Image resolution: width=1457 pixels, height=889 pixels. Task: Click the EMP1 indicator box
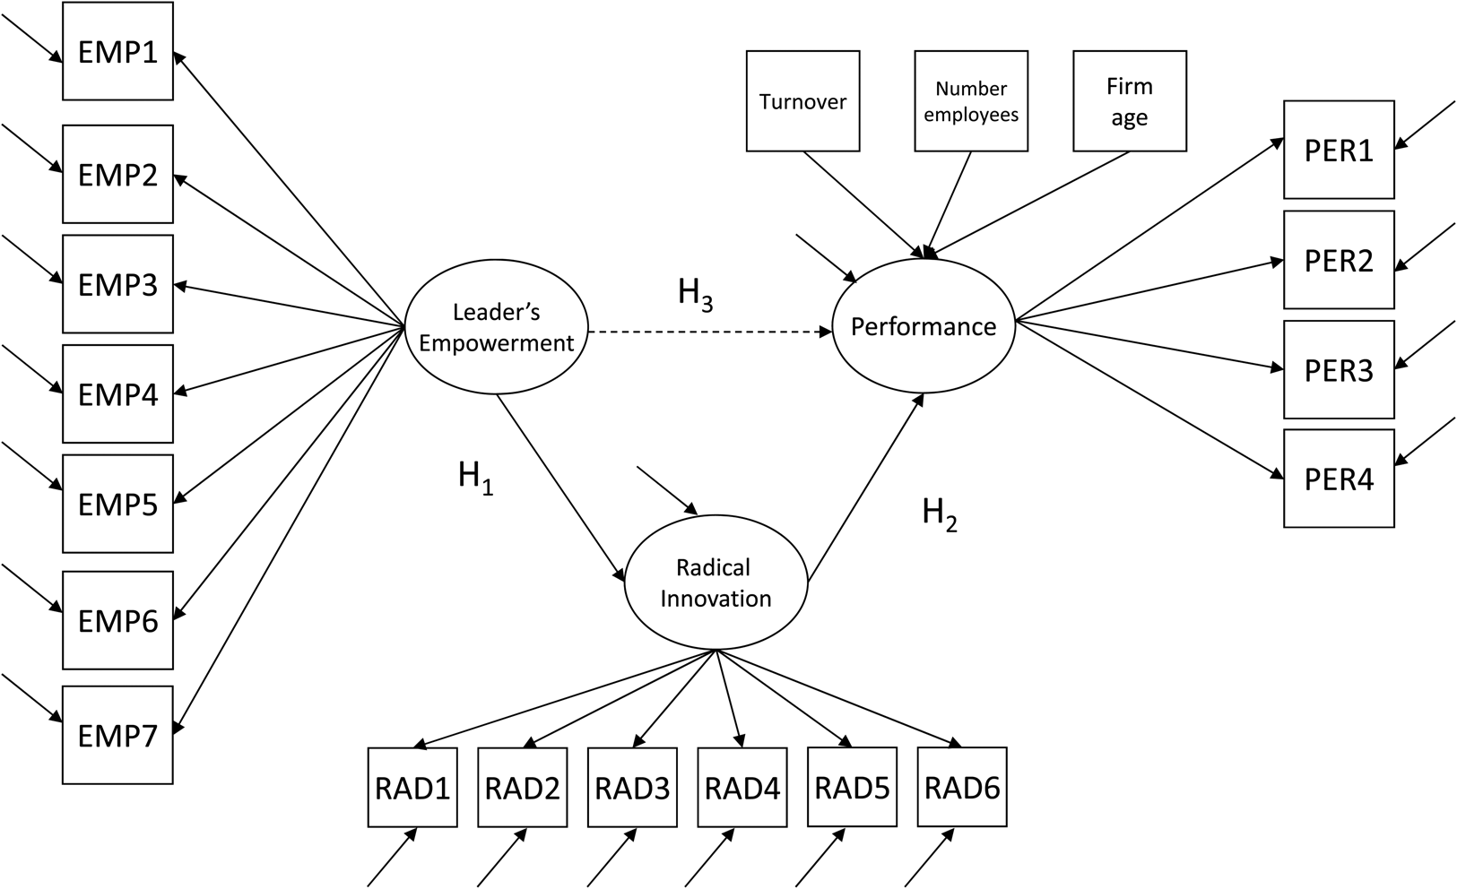coord(117,52)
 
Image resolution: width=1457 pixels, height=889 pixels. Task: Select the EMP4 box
coord(117,394)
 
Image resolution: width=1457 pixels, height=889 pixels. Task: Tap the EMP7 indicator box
coord(117,736)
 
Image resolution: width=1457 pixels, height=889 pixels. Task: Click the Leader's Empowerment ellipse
coord(496,327)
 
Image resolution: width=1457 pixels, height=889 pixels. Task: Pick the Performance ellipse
coord(924,326)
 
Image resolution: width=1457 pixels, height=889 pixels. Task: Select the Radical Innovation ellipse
coord(715,583)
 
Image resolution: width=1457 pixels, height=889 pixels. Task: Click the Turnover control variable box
coord(802,100)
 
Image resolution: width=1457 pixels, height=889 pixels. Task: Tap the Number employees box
coord(971,100)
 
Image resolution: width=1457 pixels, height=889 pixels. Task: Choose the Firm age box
coord(1130,100)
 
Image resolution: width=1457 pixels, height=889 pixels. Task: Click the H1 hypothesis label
coord(475,477)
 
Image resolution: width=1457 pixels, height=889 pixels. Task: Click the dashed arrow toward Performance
coord(708,332)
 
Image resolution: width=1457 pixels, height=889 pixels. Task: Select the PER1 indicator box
coord(1339,150)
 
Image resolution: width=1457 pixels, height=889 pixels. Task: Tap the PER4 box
coord(1339,479)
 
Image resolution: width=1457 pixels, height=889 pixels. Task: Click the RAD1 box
coord(412,788)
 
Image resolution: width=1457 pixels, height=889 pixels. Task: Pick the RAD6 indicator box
coord(962,788)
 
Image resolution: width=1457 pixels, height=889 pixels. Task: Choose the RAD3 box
coord(632,788)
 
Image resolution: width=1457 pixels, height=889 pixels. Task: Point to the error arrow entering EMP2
coord(31,147)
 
